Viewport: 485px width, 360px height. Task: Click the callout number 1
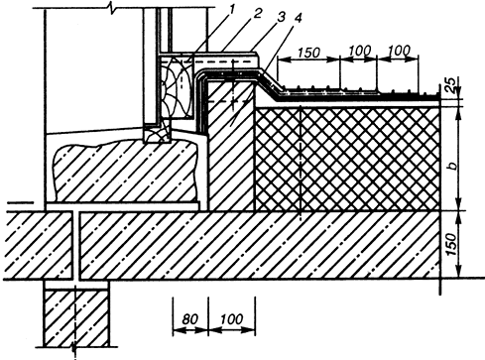click(231, 10)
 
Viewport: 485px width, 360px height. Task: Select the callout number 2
click(258, 13)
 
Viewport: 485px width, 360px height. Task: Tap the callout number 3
click(281, 17)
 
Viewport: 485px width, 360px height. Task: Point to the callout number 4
click(298, 19)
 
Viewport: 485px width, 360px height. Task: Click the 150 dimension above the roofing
click(308, 53)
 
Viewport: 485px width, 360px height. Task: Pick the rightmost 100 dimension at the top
click(399, 51)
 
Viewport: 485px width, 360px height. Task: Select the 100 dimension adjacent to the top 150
click(360, 51)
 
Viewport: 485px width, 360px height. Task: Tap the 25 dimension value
click(453, 83)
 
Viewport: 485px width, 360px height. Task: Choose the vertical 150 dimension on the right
click(452, 244)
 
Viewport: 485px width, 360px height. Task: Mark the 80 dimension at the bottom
click(189, 319)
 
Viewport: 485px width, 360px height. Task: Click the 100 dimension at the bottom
click(231, 319)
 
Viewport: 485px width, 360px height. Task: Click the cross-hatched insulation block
click(348, 159)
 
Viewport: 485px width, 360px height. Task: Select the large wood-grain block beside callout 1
click(176, 87)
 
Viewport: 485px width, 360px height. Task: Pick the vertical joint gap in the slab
click(76, 246)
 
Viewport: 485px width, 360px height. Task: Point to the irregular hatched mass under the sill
click(126, 172)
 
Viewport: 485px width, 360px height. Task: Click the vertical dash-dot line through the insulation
click(301, 163)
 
